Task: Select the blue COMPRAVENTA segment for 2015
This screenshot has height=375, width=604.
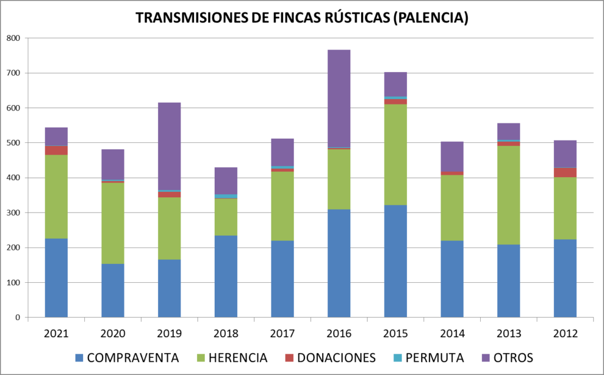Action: pos(396,261)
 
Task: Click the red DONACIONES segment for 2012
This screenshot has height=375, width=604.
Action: pos(565,172)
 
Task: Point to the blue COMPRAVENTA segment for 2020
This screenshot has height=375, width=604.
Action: pos(113,291)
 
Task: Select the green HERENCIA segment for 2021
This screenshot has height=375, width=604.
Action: pos(56,197)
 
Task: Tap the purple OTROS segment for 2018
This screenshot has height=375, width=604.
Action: pos(226,181)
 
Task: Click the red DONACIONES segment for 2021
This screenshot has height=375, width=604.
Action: pos(56,151)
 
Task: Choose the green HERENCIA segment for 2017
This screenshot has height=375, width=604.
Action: pos(283,206)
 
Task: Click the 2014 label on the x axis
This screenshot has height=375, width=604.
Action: pos(452,334)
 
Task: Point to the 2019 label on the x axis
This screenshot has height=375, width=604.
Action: pos(169,334)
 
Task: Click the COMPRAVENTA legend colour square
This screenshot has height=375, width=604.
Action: pos(80,358)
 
